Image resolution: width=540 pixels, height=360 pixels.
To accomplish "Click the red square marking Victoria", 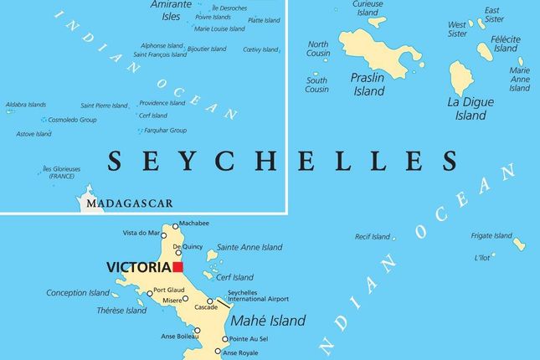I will pyautogui.click(x=177, y=267).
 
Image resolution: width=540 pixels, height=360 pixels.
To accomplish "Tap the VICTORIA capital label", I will pyautogui.click(x=138, y=268).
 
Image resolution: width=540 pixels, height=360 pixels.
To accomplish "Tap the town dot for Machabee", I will pyautogui.click(x=175, y=225).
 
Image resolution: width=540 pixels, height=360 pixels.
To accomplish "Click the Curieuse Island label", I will pyautogui.click(x=368, y=8).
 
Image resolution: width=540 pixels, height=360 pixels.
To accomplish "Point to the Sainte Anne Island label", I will pyautogui.click(x=249, y=248).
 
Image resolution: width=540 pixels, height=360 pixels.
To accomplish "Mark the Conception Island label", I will pyautogui.click(x=78, y=293).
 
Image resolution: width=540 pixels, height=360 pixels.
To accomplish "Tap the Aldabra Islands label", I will pyautogui.click(x=26, y=105).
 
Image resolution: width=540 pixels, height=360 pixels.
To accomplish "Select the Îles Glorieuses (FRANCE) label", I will pyautogui.click(x=63, y=172).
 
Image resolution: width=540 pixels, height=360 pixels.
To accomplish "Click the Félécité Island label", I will pyautogui.click(x=506, y=44).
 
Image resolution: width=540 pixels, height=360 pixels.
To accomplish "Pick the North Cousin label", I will pyautogui.click(x=318, y=49).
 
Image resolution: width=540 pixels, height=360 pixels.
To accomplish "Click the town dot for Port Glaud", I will pyautogui.click(x=150, y=293).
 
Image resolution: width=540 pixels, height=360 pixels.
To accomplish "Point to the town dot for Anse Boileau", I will pyautogui.click(x=198, y=331).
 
